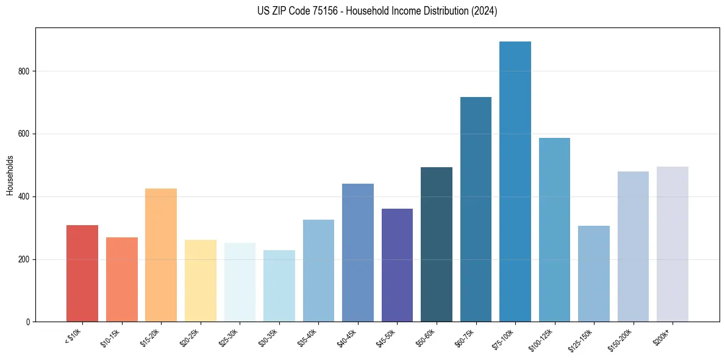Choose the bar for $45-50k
397,265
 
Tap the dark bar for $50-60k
437,244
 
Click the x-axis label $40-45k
347,338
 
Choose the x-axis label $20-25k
190,338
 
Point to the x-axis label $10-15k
111,338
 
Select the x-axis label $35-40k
308,338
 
